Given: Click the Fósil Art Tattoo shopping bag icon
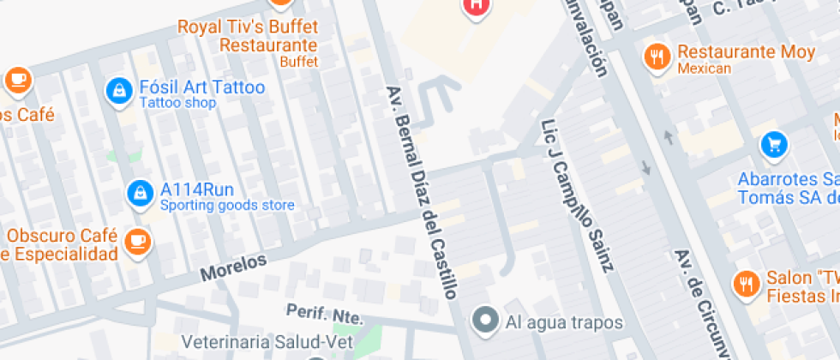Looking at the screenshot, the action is (117, 88).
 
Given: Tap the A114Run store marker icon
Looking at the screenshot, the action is (138, 194).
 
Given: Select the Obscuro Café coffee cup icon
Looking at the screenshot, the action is (136, 241).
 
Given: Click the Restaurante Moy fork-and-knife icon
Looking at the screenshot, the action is (657, 57).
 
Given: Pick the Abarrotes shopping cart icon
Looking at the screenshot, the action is (774, 144).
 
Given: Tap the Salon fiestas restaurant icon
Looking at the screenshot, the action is (746, 283).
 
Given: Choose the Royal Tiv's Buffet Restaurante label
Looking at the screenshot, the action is (247, 35).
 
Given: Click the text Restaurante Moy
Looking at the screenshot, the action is (746, 52).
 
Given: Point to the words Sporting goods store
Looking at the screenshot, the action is (227, 206).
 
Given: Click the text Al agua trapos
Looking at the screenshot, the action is (564, 323).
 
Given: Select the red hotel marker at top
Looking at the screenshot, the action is (477, 7).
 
